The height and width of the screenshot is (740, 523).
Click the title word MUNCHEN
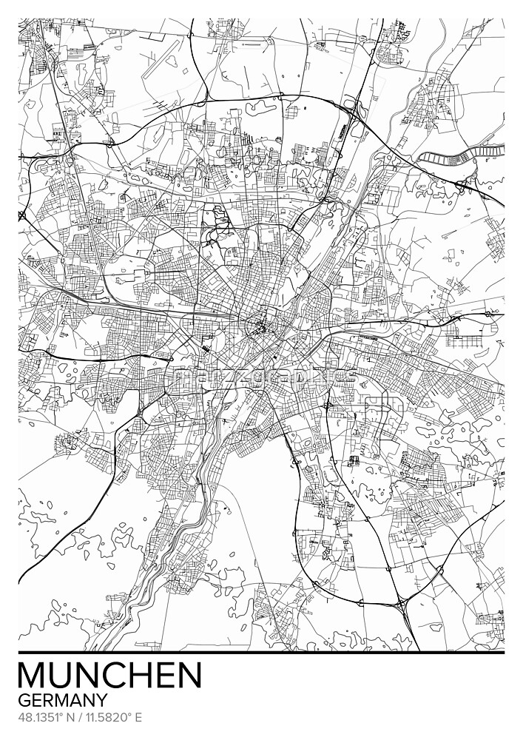click(109, 675)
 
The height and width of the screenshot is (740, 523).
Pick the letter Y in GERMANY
click(101, 699)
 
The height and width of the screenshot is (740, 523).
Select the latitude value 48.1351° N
click(42, 717)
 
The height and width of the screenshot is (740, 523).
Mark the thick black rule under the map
click(261, 653)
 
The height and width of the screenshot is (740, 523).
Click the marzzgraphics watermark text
click(261, 379)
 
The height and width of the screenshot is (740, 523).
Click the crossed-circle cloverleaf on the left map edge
click(21, 215)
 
